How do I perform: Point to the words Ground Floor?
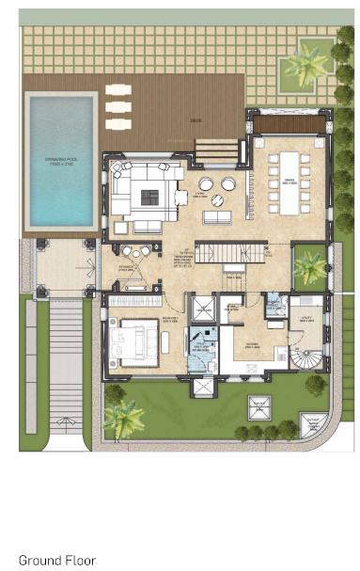[x=57, y=560]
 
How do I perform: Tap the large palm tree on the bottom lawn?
[x=123, y=415]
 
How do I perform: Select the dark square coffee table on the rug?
[x=149, y=195]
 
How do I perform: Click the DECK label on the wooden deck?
[x=196, y=121]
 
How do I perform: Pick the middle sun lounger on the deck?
[x=118, y=106]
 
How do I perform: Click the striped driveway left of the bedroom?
[x=66, y=362]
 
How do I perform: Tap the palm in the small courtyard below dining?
[x=309, y=267]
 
